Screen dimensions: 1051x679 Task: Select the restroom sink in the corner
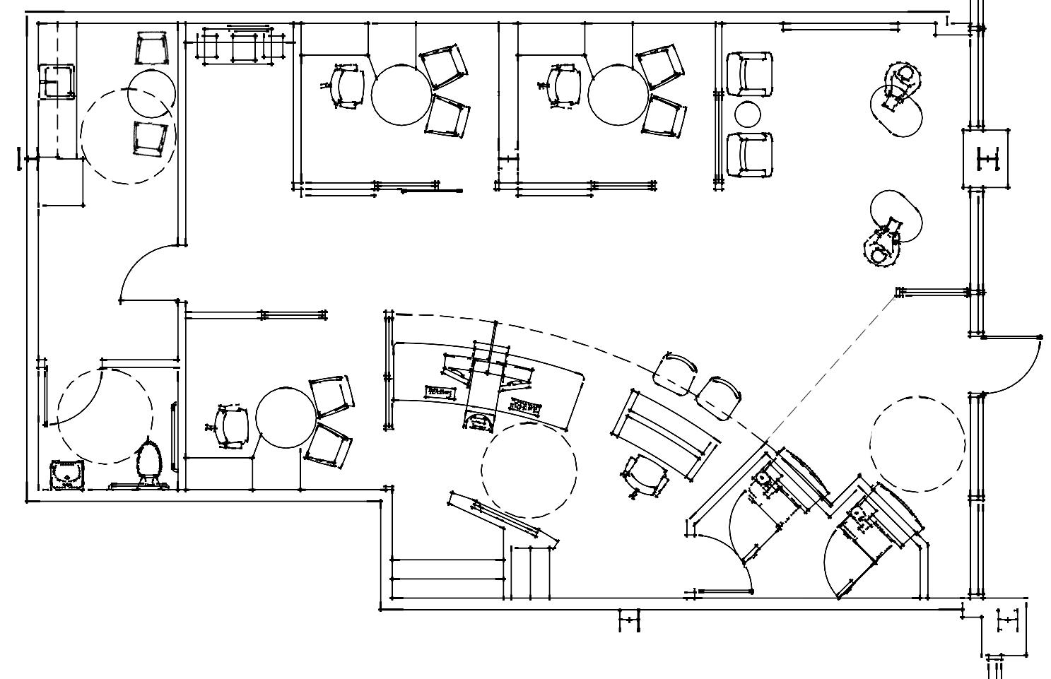click(x=67, y=474)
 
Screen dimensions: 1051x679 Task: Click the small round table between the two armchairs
click(x=748, y=114)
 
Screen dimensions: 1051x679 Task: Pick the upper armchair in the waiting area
click(x=750, y=73)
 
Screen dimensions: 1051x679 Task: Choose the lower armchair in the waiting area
click(x=750, y=154)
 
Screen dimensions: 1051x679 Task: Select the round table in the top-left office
click(x=401, y=95)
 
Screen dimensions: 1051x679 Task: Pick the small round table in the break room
click(x=151, y=93)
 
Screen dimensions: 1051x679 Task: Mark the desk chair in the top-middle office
click(x=563, y=86)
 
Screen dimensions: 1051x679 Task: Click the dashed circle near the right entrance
click(x=917, y=444)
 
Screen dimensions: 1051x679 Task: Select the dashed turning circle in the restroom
click(x=105, y=416)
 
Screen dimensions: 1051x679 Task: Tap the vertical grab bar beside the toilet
click(x=173, y=437)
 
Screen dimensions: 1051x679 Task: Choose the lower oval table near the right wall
click(x=896, y=217)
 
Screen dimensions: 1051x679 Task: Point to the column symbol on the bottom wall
click(x=629, y=620)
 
